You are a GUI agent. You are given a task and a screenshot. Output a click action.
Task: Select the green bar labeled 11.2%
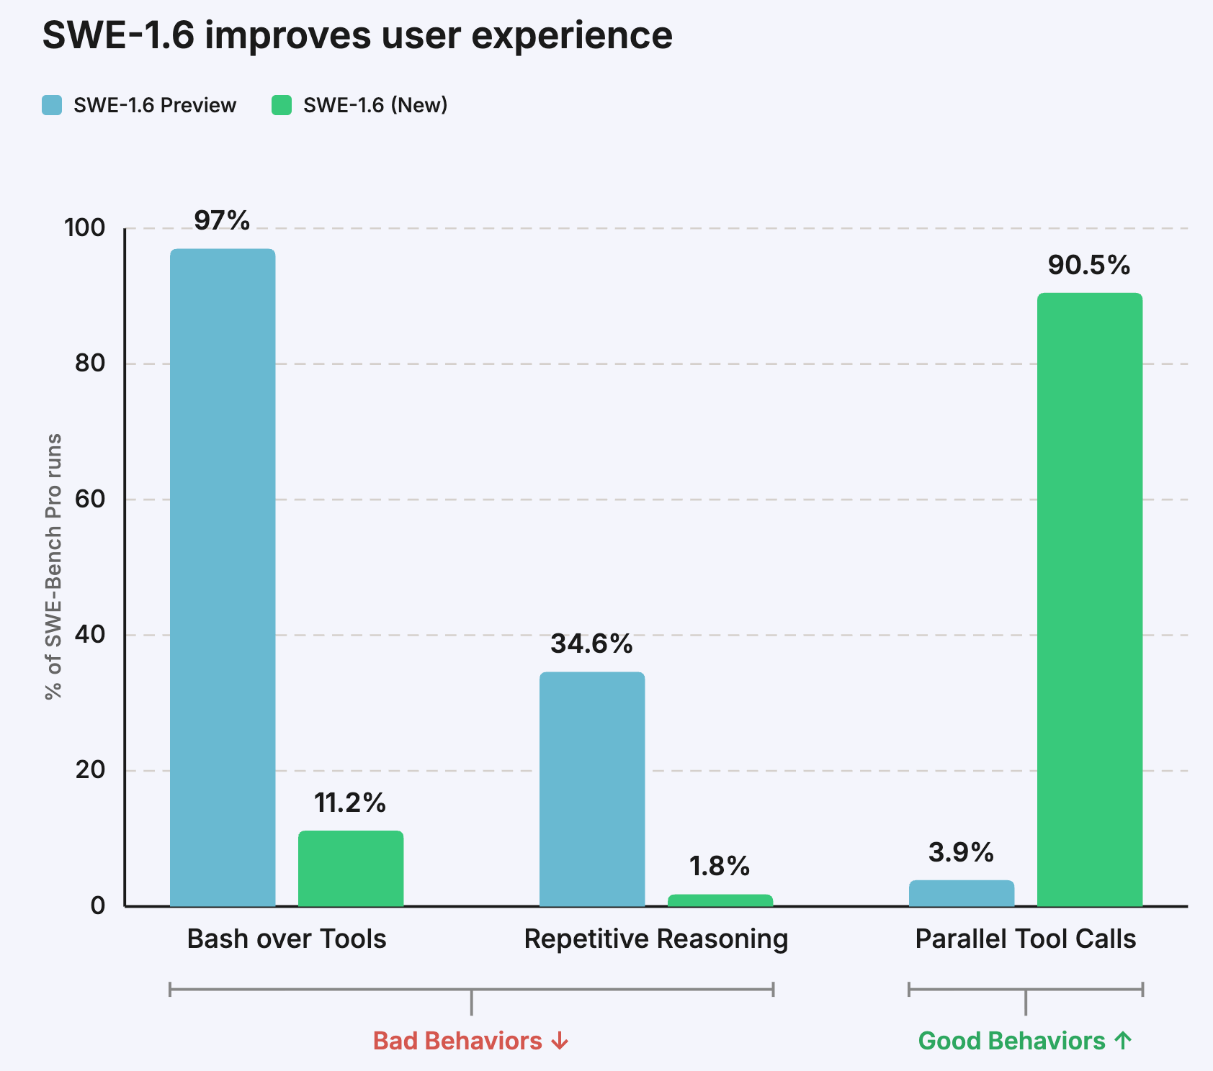[351, 868]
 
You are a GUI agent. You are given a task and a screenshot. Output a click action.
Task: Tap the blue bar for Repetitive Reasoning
[592, 789]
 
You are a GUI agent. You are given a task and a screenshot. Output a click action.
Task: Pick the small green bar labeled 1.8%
[720, 900]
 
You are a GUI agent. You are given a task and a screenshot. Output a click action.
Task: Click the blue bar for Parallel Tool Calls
[962, 893]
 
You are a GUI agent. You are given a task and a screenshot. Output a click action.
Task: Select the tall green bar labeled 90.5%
[1090, 599]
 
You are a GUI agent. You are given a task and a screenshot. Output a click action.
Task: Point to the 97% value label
[222, 220]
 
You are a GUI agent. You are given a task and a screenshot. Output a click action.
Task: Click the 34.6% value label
[591, 643]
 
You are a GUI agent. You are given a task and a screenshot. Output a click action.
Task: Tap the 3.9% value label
[961, 853]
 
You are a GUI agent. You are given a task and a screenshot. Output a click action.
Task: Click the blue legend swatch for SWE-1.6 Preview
[52, 105]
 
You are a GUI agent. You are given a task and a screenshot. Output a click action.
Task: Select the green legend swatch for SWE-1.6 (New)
[282, 105]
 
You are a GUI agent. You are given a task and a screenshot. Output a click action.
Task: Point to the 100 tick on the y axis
[84, 228]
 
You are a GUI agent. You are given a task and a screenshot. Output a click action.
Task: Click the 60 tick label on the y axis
[90, 500]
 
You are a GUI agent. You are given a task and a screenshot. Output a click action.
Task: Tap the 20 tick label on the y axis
[90, 770]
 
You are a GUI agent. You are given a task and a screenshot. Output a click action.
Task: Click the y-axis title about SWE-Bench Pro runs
[53, 566]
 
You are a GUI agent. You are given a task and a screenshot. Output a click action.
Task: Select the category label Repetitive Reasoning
[655, 939]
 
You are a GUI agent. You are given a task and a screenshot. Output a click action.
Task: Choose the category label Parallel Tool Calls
[1025, 939]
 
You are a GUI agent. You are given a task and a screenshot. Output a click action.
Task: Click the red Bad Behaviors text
[457, 1041]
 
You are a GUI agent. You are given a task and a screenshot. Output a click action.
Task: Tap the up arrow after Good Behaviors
[1123, 1040]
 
